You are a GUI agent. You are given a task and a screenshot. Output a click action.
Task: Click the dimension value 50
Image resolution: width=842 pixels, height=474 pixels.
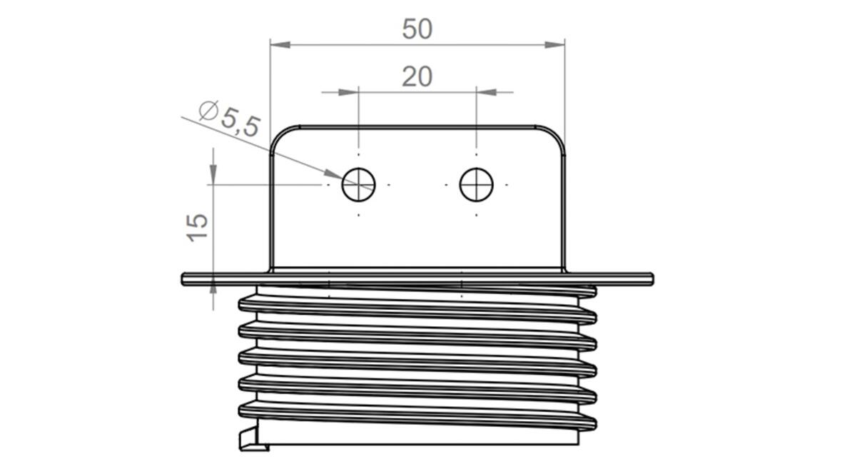pos(417,29)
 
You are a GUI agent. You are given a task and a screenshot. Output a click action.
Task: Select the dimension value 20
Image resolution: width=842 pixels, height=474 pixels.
pos(417,76)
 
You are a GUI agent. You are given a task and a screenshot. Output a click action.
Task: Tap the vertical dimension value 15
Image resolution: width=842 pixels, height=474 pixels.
pos(198,227)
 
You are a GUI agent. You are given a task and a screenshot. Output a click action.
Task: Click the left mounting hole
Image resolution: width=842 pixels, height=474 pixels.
pos(358,185)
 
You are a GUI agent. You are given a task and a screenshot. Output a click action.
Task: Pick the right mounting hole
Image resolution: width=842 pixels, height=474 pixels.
pos(476,185)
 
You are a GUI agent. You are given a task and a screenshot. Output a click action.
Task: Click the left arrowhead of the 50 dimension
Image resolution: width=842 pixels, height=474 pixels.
pos(280,45)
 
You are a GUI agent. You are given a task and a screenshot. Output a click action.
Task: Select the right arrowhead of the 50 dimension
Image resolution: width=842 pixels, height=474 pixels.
pos(554,45)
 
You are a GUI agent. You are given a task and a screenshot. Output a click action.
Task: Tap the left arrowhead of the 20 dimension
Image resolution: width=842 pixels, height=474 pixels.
pos(348,92)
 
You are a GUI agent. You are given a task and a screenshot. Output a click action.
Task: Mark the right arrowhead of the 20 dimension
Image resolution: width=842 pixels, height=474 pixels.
pos(486,92)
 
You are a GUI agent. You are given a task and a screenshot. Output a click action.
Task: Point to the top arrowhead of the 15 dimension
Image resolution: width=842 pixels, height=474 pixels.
pos(213,174)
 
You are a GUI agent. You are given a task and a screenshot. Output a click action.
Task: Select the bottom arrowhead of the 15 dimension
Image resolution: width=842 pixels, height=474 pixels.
pos(213,284)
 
